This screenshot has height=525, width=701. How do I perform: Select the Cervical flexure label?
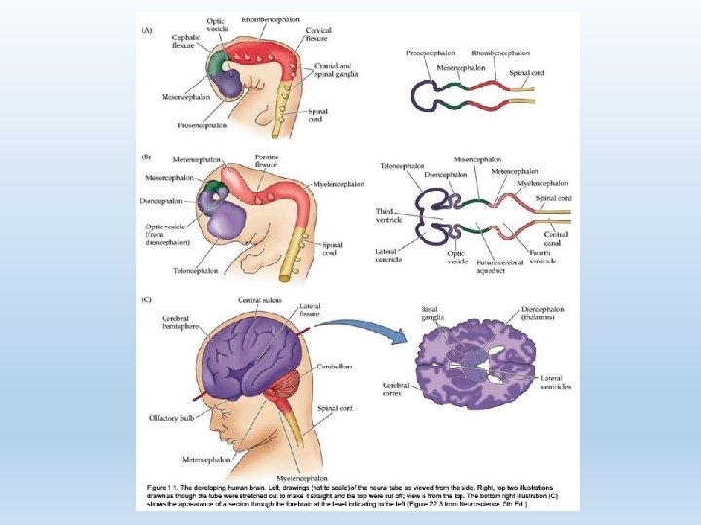[317, 35]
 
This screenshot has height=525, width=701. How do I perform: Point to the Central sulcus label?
[260, 300]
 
